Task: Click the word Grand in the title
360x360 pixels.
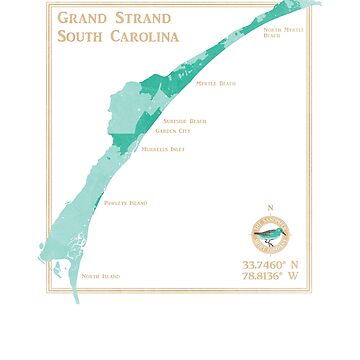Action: click(x=82, y=18)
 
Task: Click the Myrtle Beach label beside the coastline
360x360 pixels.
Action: click(x=215, y=83)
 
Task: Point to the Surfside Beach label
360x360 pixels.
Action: click(x=184, y=121)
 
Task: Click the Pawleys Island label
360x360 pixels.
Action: click(x=125, y=203)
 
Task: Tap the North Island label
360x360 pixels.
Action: click(x=100, y=276)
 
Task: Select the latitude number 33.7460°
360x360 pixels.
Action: click(x=260, y=264)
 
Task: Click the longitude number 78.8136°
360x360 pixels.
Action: click(x=260, y=276)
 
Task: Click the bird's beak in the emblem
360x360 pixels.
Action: click(x=283, y=231)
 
